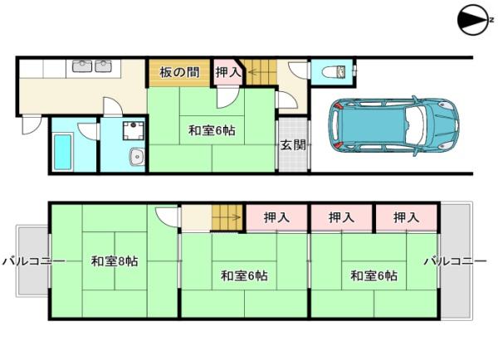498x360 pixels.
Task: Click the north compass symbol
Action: point(474,20)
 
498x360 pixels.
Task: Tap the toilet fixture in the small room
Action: point(333,71)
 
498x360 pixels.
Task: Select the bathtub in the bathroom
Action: point(62,152)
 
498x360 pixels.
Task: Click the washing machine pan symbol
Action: point(134,130)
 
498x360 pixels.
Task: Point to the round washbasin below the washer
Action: point(138,157)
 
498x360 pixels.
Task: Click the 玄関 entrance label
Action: point(293,145)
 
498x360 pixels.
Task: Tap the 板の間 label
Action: point(179,72)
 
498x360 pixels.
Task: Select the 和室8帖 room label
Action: point(115,261)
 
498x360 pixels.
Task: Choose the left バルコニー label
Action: point(34,261)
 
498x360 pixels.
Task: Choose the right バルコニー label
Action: point(456,261)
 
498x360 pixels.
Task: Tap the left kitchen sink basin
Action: point(82,66)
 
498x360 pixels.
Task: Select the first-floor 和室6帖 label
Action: point(212,130)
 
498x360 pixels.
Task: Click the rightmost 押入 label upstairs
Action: point(406,217)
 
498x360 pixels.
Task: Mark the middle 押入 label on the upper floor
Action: point(341,217)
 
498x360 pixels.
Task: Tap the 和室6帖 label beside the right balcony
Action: point(373,275)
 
